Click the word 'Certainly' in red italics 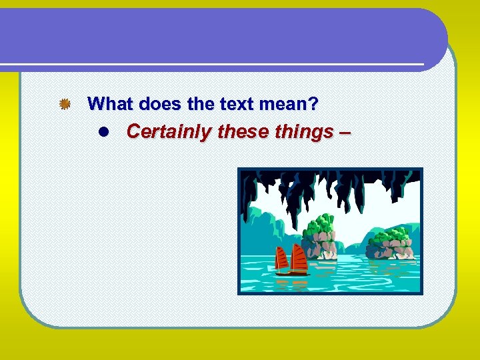(169, 132)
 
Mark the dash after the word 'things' (343, 132)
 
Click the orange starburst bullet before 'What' (64, 104)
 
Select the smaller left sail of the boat (281, 259)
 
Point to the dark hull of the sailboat (293, 272)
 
